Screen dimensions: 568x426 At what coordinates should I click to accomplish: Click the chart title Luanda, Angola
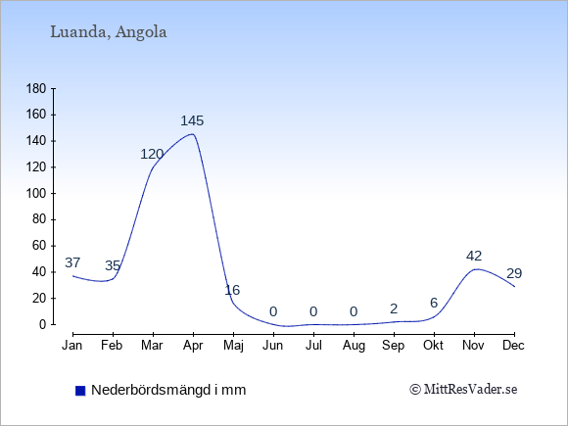coord(109,32)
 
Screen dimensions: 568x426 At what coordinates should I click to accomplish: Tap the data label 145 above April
coord(192,120)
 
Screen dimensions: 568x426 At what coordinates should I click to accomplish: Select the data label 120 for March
coord(152,155)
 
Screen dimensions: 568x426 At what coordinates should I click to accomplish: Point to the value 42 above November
coord(474,257)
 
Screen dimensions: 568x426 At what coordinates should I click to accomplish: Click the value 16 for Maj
coord(232,290)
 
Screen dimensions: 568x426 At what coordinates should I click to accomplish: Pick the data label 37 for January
coord(72,262)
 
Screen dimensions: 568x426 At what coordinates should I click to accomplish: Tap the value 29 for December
coord(514,273)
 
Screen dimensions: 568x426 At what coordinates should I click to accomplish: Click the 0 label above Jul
coord(313,311)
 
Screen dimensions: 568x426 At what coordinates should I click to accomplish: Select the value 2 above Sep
coord(394,308)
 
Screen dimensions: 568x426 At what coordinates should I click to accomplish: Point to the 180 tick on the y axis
coord(36,89)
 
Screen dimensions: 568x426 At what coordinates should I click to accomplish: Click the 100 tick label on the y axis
coord(36,194)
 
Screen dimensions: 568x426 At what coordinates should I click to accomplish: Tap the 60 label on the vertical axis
coord(39,246)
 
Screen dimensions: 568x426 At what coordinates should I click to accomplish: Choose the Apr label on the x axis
coord(193,346)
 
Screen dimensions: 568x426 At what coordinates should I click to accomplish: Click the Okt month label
coord(433,346)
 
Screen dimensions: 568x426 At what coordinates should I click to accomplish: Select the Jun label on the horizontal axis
coord(273,346)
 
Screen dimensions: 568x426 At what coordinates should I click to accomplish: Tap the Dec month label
coord(514,346)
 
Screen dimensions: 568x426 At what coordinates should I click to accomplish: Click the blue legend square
coord(80,391)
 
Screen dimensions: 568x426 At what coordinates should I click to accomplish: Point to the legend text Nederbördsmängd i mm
coord(168,390)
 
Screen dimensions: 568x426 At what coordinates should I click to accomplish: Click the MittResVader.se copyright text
coord(463,390)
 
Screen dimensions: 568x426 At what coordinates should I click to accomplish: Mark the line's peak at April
coord(192,134)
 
